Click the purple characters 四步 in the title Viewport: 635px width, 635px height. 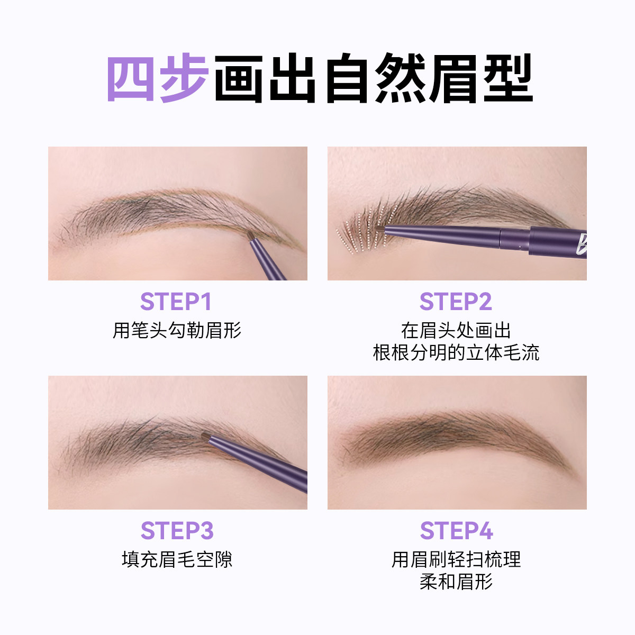158,78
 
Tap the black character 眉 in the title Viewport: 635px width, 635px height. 454,78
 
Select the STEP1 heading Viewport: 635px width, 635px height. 176,302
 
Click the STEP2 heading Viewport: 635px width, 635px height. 456,302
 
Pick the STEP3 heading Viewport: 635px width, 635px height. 177,531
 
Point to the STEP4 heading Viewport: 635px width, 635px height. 456,531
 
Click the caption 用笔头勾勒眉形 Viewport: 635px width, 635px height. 177,331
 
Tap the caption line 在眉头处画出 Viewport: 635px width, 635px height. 456,331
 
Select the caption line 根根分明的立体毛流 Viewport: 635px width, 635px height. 456,353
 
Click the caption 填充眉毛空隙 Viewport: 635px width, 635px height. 177,559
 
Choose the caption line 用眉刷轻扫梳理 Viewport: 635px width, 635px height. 456,559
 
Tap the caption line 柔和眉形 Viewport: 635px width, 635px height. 456,582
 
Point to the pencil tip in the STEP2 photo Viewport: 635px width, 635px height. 380,229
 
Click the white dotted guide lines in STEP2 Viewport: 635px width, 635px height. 360,233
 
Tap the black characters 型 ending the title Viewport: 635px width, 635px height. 507,78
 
